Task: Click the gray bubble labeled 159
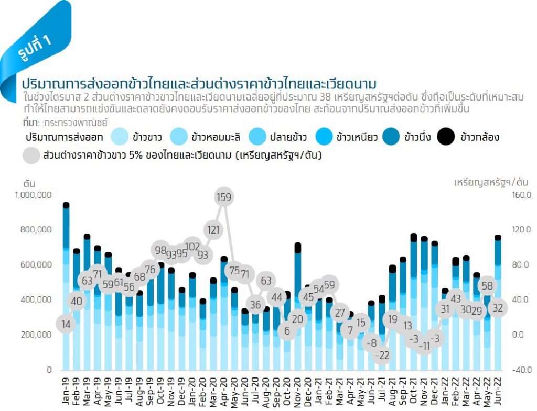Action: pyautogui.click(x=224, y=197)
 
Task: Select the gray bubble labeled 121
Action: pyautogui.click(x=213, y=229)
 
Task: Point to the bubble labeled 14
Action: pyautogui.click(x=66, y=324)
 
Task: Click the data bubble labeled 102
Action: pyautogui.click(x=192, y=246)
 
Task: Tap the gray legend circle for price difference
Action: pyautogui.click(x=32, y=155)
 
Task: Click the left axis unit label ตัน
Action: pyautogui.click(x=29, y=183)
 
